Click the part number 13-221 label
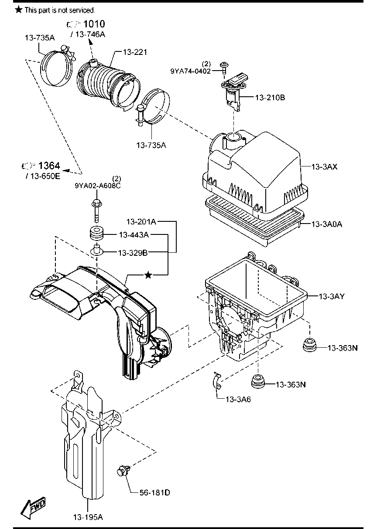click(x=135, y=52)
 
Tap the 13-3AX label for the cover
click(x=325, y=167)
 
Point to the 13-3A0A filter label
click(x=326, y=224)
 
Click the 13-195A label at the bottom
click(x=88, y=517)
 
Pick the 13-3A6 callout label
click(x=238, y=399)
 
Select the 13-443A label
click(x=134, y=235)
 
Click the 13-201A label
click(x=142, y=221)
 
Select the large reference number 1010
click(x=94, y=24)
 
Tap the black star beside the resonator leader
click(x=148, y=275)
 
